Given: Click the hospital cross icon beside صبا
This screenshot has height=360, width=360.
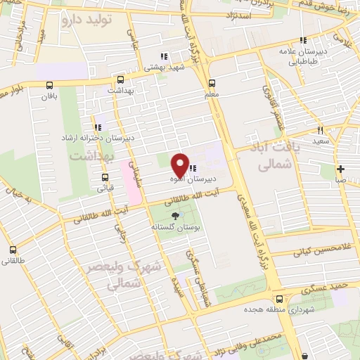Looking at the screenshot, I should pos(340,169).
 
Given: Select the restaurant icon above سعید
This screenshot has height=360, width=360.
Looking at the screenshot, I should pos(320,130).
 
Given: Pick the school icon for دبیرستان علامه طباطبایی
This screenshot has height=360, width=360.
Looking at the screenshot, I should pos(303,41).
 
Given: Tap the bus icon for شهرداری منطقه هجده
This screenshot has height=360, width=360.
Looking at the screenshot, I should pos(279,298).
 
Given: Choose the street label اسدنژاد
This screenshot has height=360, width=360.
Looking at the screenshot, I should pos(240,14).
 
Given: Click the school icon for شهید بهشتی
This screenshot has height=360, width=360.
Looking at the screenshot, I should pos(163,56).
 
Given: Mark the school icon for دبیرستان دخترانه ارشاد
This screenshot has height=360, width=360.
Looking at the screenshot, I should pos(98,127).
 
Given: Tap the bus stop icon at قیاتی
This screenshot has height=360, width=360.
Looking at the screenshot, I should pos(105,177).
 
